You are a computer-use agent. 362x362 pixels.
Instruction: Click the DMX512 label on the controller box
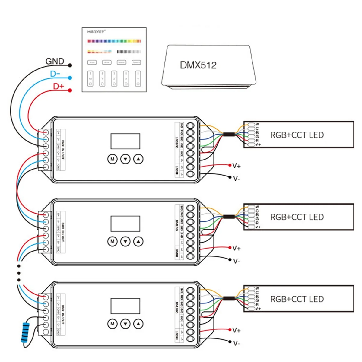click(198, 65)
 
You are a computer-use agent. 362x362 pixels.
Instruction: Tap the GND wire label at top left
click(55, 61)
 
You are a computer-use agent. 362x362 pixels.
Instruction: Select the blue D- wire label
click(55, 74)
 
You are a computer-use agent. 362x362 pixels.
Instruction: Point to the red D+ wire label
click(59, 87)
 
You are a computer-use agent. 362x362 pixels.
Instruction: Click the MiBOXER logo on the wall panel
click(96, 32)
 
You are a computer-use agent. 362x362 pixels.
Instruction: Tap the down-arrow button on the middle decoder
click(125, 241)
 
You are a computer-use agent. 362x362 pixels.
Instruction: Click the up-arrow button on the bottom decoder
click(138, 324)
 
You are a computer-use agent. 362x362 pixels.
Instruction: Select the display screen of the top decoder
click(125, 141)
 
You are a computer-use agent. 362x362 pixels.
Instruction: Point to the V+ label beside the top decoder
click(237, 166)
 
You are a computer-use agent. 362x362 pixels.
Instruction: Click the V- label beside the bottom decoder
click(237, 343)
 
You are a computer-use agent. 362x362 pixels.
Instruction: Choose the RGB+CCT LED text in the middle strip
click(297, 217)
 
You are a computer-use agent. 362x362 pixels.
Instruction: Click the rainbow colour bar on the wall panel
click(114, 41)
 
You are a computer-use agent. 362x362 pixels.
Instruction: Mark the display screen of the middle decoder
click(125, 224)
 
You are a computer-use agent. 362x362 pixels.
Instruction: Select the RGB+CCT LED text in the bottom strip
click(297, 299)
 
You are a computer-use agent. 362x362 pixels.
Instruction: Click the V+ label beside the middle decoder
click(237, 248)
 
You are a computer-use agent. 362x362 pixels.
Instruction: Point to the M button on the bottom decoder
click(113, 324)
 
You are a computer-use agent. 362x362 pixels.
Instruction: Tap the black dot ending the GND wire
click(70, 65)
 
